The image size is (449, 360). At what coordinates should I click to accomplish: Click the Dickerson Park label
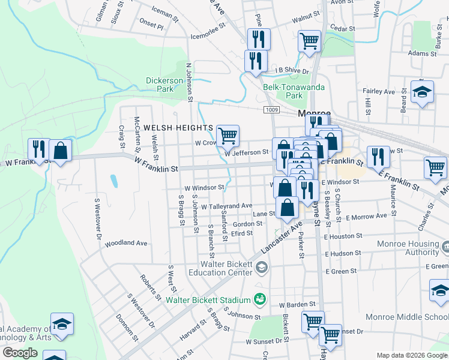(x=164, y=85)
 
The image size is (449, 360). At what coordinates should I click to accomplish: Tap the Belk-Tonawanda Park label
(x=294, y=91)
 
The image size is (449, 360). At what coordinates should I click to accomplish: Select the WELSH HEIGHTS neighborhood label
(x=178, y=128)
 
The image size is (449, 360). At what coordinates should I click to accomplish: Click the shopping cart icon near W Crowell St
(x=228, y=136)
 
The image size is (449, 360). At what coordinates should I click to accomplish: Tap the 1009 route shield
(x=271, y=109)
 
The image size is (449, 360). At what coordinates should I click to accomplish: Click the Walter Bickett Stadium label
(x=208, y=300)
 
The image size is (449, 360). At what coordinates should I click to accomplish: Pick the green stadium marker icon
(x=260, y=298)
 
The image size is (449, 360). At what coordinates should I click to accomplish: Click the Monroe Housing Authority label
(x=408, y=248)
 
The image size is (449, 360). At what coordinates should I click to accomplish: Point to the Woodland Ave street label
(x=125, y=244)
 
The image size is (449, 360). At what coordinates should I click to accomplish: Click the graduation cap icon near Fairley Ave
(x=422, y=92)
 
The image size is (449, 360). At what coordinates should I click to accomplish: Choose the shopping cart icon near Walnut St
(x=309, y=41)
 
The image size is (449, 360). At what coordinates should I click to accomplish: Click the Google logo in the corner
(x=20, y=353)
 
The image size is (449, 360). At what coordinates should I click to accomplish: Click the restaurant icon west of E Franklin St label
(x=378, y=157)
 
